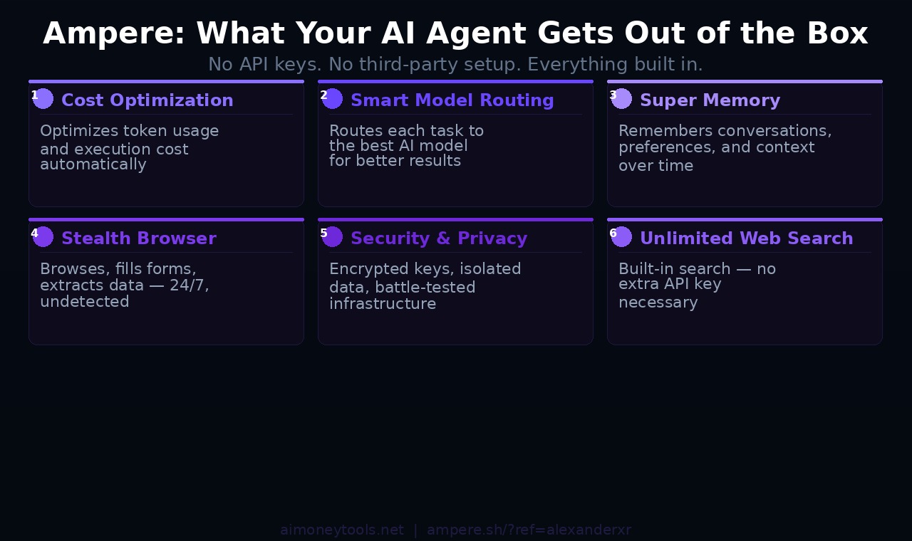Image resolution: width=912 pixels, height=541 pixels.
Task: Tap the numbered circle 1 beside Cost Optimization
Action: pyautogui.click(x=43, y=99)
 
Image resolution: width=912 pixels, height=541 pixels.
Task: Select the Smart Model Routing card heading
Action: pyautogui.click(x=452, y=100)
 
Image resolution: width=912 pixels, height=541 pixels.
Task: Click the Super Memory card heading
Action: pyautogui.click(x=710, y=100)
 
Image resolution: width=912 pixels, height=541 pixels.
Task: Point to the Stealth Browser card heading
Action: pyautogui.click(x=138, y=238)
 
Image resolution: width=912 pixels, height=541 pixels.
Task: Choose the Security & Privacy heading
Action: pyautogui.click(x=439, y=238)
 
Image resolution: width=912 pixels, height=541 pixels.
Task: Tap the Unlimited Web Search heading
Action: pyautogui.click(x=746, y=238)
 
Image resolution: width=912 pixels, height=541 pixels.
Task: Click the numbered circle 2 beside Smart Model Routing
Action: pyautogui.click(x=332, y=99)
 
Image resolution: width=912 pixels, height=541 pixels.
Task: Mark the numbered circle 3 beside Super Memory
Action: pyautogui.click(x=621, y=99)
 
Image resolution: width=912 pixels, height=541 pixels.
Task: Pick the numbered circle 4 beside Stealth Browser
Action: pyautogui.click(x=43, y=237)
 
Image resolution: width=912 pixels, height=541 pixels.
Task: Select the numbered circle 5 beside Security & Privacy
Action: pyautogui.click(x=332, y=237)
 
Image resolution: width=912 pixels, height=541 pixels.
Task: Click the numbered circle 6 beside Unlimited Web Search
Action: pyautogui.click(x=621, y=237)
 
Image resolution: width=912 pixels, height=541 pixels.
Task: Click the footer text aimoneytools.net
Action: pyautogui.click(x=342, y=530)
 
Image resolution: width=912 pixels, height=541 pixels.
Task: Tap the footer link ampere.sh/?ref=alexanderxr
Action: pyautogui.click(x=529, y=530)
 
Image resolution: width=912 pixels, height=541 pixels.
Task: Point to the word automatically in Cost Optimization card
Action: pyautogui.click(x=93, y=164)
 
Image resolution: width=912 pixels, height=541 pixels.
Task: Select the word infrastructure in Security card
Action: pyautogui.click(x=382, y=304)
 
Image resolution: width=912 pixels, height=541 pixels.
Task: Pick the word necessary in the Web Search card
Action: pyautogui.click(x=658, y=303)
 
